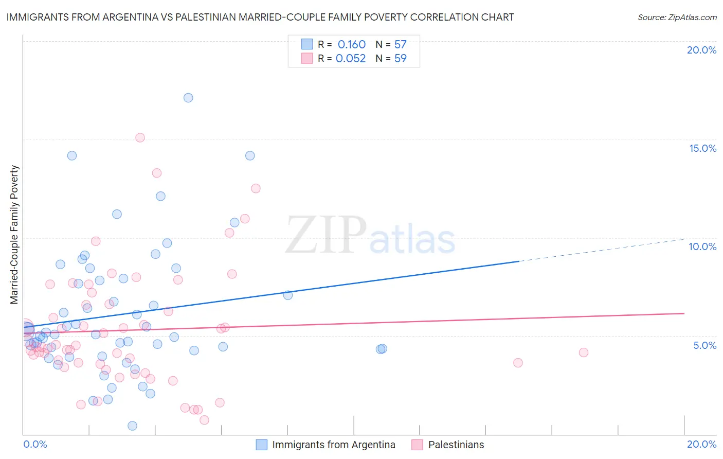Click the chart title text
260,17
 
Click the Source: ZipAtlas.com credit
677,17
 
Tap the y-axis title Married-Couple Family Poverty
14,235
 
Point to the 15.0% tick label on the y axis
702,148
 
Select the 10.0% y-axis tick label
702,246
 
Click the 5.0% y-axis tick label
704,345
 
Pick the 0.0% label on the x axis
35,444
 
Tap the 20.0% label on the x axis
701,444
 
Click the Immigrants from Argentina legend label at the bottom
334,445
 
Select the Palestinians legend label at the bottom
456,445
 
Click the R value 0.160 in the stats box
352,45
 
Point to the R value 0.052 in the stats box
351,59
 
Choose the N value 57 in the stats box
401,45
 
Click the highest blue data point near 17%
188,98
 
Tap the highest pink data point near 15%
140,137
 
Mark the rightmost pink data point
583,352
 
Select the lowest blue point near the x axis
132,426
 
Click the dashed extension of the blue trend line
602,250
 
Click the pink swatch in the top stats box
307,58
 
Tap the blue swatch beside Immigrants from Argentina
262,445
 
